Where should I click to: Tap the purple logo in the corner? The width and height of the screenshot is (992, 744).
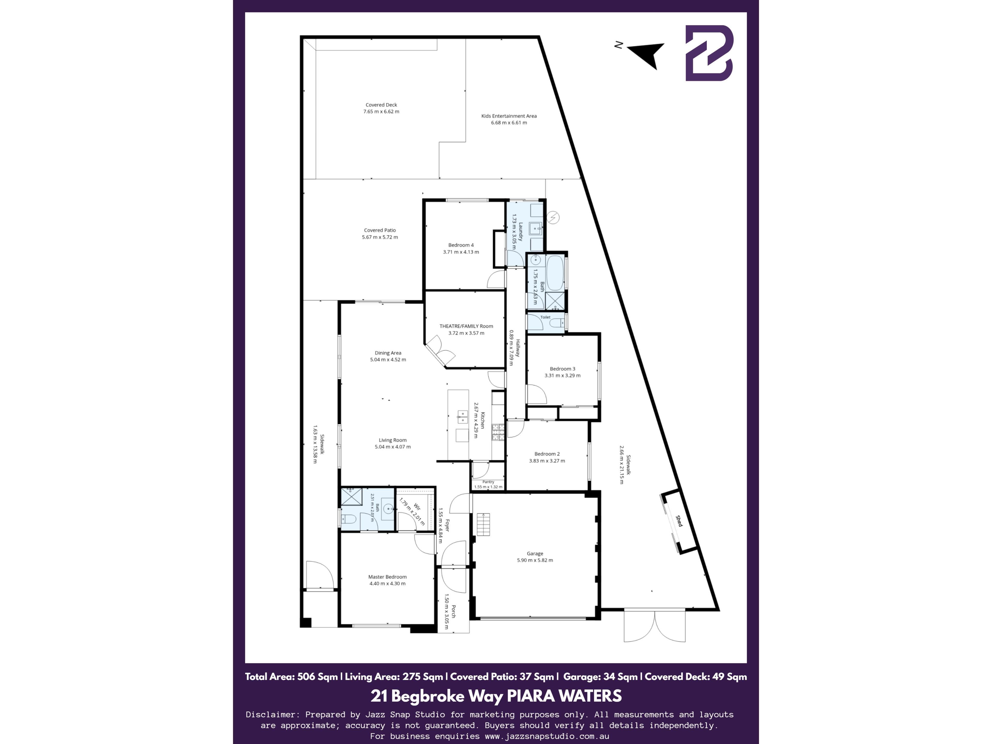tap(709, 53)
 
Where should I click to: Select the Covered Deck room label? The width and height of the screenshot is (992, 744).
tap(381, 105)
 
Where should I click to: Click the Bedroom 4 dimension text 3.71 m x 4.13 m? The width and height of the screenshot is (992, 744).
tap(461, 252)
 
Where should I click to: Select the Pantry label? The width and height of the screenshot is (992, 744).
tap(488, 482)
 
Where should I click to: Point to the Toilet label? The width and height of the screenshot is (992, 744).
tap(545, 317)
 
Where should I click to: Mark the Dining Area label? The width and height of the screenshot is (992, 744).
tap(388, 353)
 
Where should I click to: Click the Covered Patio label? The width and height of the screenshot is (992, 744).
tap(380, 230)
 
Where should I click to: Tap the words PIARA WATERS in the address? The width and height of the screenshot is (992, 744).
tap(564, 696)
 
